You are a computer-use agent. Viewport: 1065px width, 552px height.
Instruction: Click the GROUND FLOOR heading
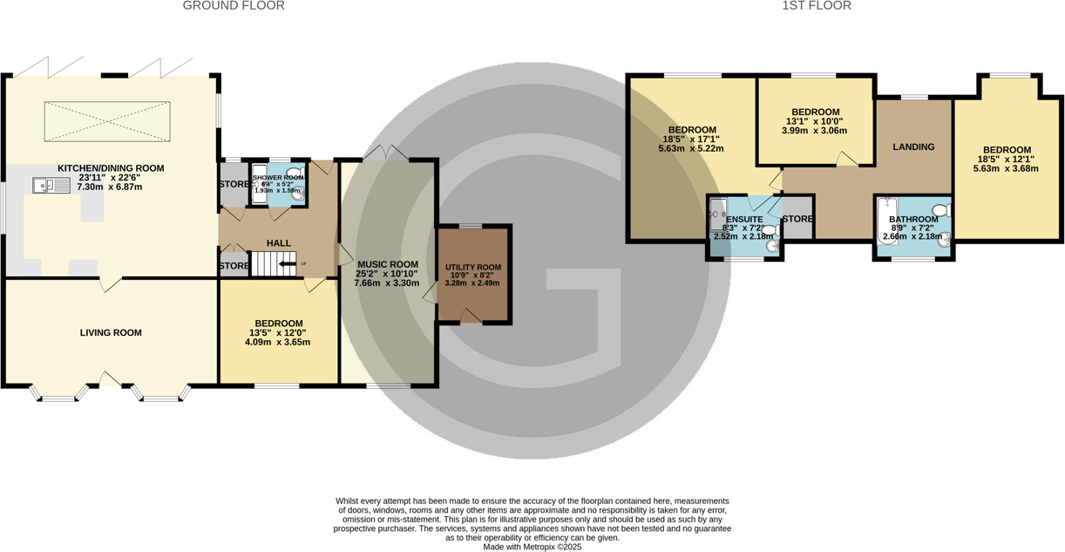click(x=234, y=6)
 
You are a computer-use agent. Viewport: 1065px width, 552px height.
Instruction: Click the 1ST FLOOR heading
click(x=817, y=6)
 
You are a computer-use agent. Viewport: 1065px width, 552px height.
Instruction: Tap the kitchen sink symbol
click(x=51, y=185)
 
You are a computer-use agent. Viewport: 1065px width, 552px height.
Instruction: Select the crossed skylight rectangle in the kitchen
click(x=107, y=121)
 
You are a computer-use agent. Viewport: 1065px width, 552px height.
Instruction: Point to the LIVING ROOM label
click(x=111, y=332)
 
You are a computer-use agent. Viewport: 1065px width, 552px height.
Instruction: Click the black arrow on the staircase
click(x=286, y=263)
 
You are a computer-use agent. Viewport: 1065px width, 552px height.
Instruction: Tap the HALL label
click(x=279, y=243)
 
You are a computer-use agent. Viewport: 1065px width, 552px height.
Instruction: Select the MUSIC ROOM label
click(x=387, y=264)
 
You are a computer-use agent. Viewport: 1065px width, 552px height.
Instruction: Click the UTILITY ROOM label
click(x=473, y=268)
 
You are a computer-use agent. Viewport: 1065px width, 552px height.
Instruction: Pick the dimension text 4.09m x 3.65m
click(x=277, y=342)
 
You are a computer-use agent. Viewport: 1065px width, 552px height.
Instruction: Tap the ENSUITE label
click(x=744, y=219)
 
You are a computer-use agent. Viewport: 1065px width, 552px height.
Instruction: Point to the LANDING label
click(x=913, y=147)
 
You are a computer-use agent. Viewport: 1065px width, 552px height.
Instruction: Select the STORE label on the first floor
click(x=797, y=219)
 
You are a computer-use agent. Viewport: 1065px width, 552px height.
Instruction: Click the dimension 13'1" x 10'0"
click(x=815, y=121)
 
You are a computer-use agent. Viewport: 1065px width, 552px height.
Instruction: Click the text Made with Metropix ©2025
click(x=532, y=547)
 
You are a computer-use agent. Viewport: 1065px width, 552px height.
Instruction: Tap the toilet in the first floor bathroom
click(x=941, y=210)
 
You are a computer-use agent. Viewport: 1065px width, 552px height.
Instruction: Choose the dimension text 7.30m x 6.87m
click(x=110, y=187)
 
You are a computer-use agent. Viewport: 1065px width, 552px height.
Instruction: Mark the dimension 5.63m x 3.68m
click(x=1007, y=169)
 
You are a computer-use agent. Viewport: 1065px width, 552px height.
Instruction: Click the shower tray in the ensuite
click(x=718, y=215)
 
